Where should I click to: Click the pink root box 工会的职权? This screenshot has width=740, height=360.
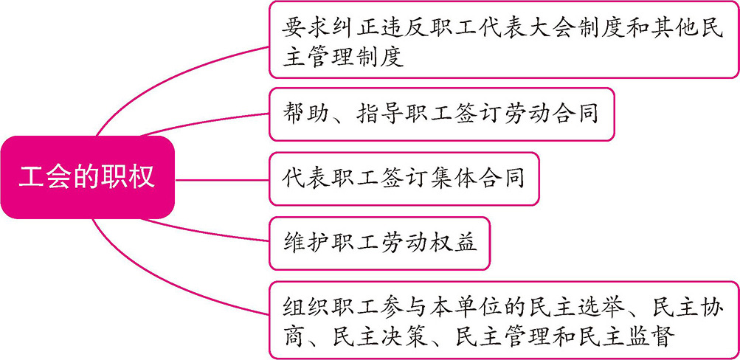pos(87,177)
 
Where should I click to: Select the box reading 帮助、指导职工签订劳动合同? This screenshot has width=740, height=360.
pos(441,115)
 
